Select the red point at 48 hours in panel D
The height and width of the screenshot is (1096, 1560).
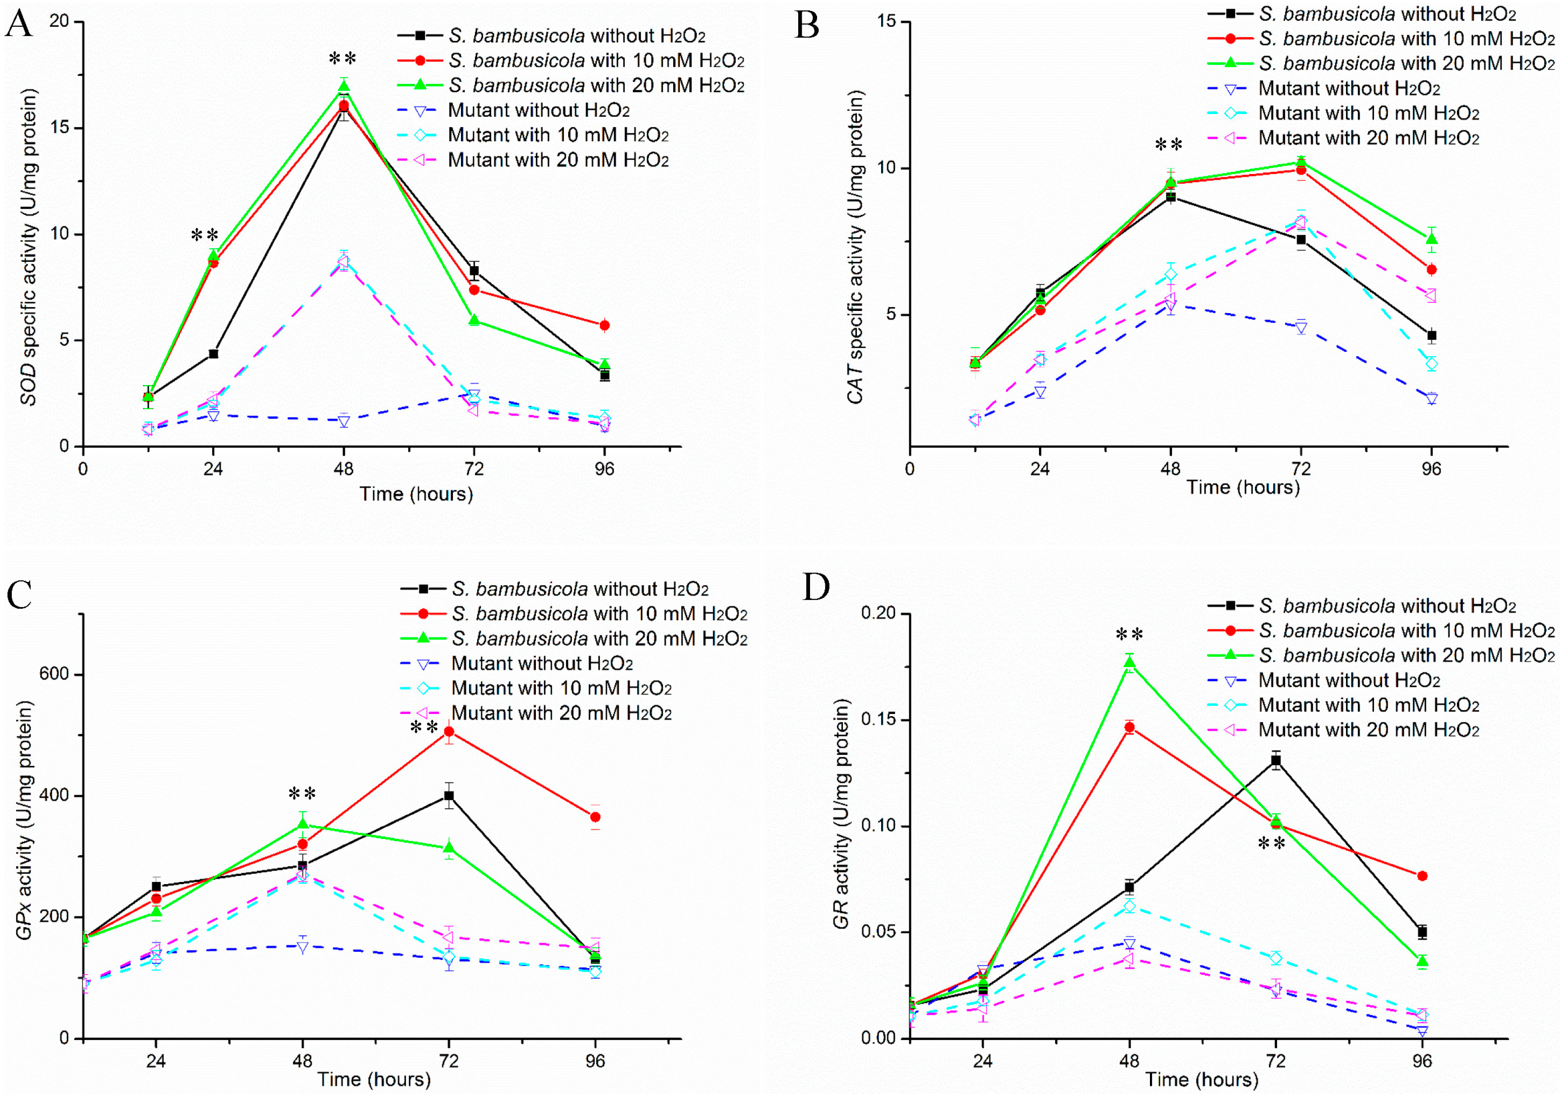pos(1129,728)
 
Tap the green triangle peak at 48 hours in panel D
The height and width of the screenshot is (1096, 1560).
pos(1129,663)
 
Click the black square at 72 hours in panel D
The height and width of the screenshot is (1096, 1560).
pos(1276,760)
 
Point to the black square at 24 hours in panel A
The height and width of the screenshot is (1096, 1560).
pos(213,353)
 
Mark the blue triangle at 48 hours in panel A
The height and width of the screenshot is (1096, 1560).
pos(344,421)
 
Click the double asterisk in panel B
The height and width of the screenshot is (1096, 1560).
pos(1169,145)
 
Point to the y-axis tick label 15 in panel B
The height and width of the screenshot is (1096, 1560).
pos(886,22)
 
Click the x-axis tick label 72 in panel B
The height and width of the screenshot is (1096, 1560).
pos(1300,469)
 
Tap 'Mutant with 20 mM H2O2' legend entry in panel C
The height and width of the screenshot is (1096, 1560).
pos(561,713)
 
